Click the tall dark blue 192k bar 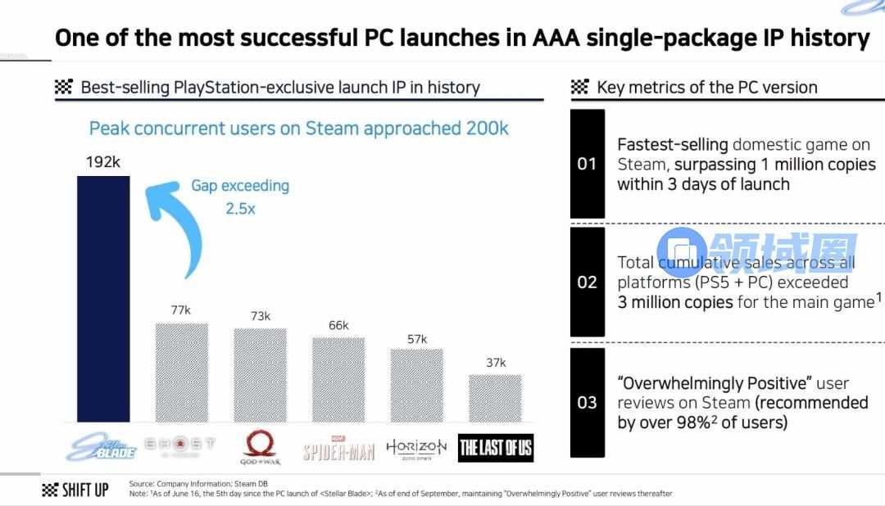click(x=103, y=298)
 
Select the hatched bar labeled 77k click(x=181, y=371)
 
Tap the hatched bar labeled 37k click(x=495, y=397)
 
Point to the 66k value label click(x=338, y=325)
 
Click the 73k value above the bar click(x=260, y=316)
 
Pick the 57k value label click(x=416, y=338)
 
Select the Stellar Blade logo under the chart click(x=102, y=447)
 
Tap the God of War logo click(x=260, y=447)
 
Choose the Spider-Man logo click(x=338, y=450)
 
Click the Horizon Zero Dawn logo click(x=416, y=447)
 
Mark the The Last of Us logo click(x=496, y=447)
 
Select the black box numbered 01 click(x=587, y=164)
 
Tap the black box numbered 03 click(x=587, y=402)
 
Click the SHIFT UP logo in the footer click(x=75, y=490)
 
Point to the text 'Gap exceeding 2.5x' click(x=240, y=197)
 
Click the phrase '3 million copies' click(x=675, y=302)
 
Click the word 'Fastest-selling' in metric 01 click(x=672, y=145)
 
